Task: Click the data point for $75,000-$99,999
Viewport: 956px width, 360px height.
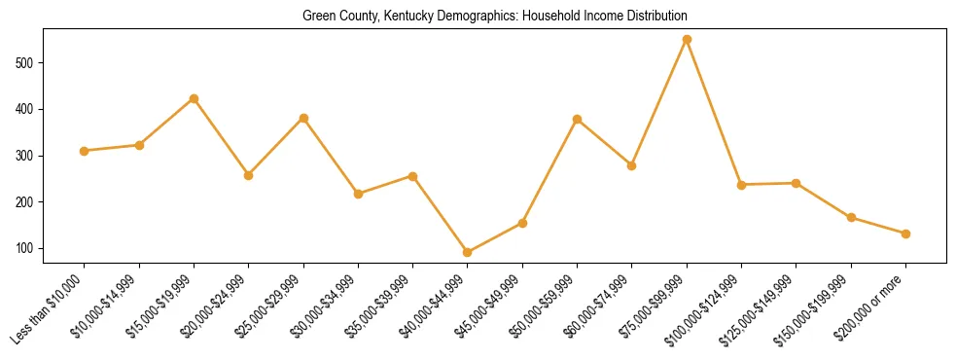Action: coord(687,40)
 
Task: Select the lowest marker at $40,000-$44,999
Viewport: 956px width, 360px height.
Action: coord(468,252)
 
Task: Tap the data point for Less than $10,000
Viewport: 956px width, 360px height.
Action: coord(85,151)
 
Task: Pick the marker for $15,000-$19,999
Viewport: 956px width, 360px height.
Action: coord(194,98)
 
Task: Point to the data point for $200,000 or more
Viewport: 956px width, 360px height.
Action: coord(905,234)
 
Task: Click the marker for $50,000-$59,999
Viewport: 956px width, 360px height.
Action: coord(577,120)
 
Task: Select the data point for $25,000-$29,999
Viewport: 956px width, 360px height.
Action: coord(303,118)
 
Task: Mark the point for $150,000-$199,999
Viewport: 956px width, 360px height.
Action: coord(851,217)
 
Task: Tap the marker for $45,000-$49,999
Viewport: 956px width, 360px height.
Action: coord(522,223)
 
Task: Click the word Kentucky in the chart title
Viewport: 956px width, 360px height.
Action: coord(427,16)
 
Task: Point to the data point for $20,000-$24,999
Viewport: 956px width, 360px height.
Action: coord(248,175)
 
